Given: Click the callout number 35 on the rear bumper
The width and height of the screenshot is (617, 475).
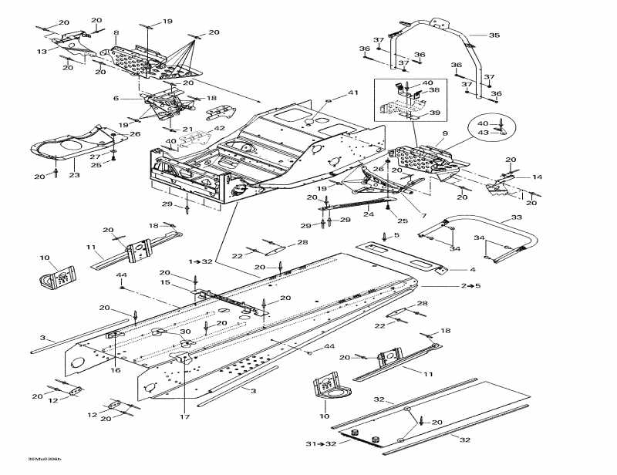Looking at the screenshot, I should coord(495,35).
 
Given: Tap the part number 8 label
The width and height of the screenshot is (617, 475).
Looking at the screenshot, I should coord(116,32).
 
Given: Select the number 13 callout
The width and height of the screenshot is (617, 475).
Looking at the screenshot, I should coord(42,51).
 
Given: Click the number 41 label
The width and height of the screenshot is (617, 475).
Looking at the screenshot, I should coord(353,93).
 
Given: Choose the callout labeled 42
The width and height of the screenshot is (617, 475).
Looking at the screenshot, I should coord(220,129).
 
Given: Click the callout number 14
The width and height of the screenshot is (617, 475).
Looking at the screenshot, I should coord(537,177).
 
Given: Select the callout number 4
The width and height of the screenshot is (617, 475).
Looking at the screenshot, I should coord(473,270).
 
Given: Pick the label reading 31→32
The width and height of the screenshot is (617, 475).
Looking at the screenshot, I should coord(319,444).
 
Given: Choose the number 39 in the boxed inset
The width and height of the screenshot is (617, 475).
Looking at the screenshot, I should coord(434,113).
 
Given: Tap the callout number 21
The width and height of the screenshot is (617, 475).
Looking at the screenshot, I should coord(187,129).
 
